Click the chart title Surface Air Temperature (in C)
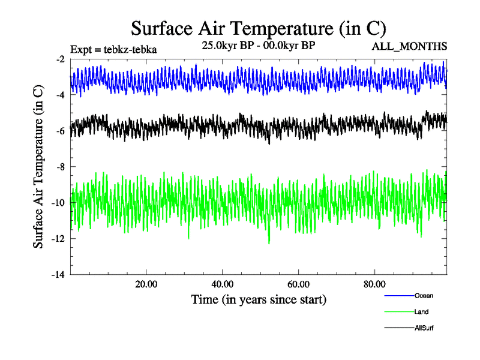tap(258, 28)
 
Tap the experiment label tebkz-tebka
tap(113, 50)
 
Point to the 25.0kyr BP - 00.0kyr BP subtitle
tap(259, 46)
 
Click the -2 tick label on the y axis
tap(60, 59)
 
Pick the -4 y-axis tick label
tap(60, 95)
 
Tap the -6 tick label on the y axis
tap(60, 131)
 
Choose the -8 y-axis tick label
tap(60, 167)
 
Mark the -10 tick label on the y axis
tap(58, 203)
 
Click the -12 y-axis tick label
tap(58, 239)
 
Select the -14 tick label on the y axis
tap(58, 275)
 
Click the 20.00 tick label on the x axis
tap(146, 284)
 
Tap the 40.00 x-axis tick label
tap(223, 284)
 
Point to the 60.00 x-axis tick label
tap(299, 284)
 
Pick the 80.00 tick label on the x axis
tap(375, 284)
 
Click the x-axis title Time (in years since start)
tap(259, 299)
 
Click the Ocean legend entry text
tap(424, 295)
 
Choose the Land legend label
tap(421, 311)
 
